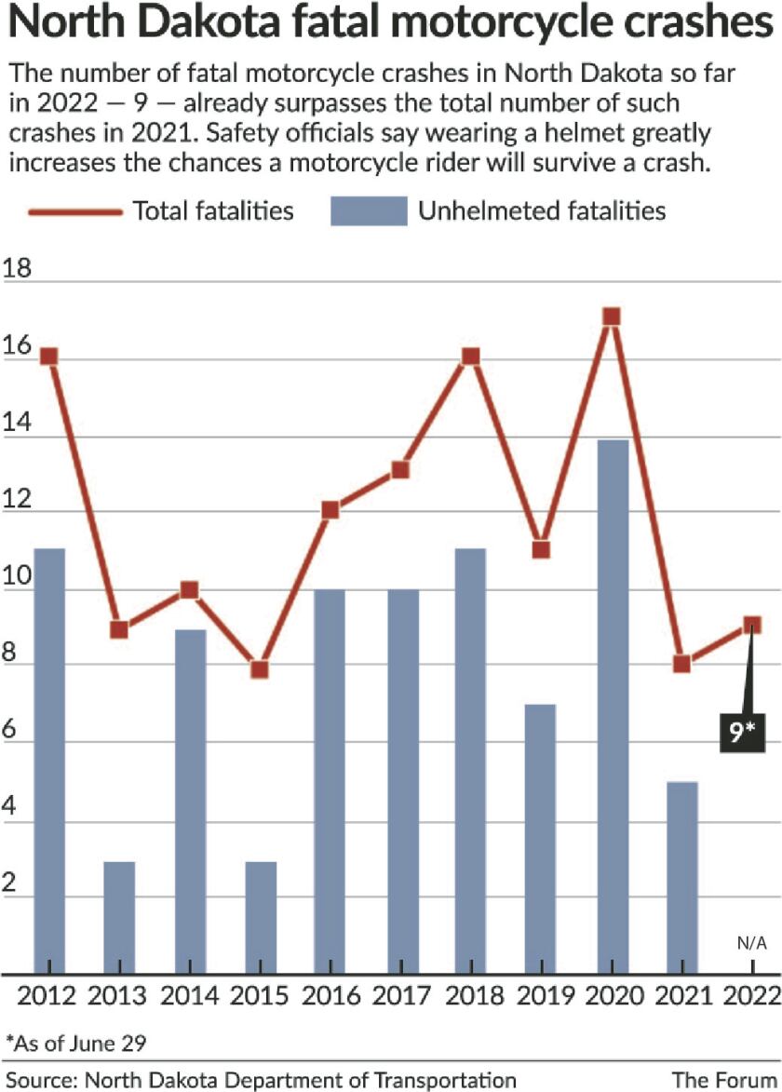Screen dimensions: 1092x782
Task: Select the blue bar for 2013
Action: tap(118, 918)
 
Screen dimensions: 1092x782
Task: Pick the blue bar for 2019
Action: tap(541, 839)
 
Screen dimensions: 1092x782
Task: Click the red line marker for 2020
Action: tap(612, 317)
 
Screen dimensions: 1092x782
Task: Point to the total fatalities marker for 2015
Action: tap(260, 669)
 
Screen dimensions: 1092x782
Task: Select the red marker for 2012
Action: tap(48, 357)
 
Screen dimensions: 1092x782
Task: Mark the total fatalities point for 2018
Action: tap(471, 357)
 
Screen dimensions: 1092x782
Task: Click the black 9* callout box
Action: tap(741, 732)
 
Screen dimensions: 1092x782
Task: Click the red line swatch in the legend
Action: tap(75, 211)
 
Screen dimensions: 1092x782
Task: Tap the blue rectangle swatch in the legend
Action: tap(369, 211)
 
